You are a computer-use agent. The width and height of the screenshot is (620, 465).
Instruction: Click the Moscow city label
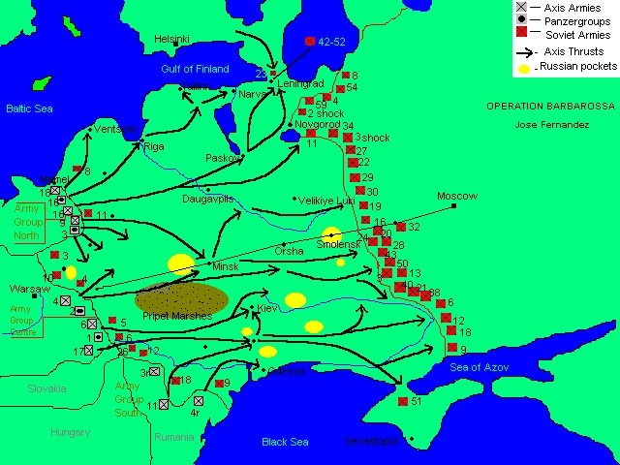tap(457, 196)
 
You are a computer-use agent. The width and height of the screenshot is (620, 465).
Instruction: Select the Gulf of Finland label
tap(195, 69)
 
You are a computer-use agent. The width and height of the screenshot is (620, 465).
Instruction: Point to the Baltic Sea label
tap(28, 109)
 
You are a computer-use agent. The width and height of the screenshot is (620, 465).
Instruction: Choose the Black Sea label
tap(285, 442)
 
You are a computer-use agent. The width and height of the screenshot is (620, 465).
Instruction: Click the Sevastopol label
tap(371, 441)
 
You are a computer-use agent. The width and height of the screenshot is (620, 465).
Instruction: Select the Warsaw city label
tap(28, 289)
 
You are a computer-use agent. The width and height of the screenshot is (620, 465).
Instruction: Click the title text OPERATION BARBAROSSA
tap(546, 107)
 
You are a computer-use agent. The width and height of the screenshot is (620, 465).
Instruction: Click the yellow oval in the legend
tap(524, 69)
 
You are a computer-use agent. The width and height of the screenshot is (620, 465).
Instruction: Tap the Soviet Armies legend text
tap(578, 36)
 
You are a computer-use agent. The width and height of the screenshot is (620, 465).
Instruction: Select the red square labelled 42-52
tap(309, 42)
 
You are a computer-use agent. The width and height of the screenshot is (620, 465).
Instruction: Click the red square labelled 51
tap(402, 401)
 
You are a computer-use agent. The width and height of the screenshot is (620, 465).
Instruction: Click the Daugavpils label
tap(208, 199)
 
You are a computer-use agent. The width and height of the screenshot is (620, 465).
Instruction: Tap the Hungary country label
tap(71, 432)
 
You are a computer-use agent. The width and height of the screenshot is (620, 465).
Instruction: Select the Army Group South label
tap(128, 398)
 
